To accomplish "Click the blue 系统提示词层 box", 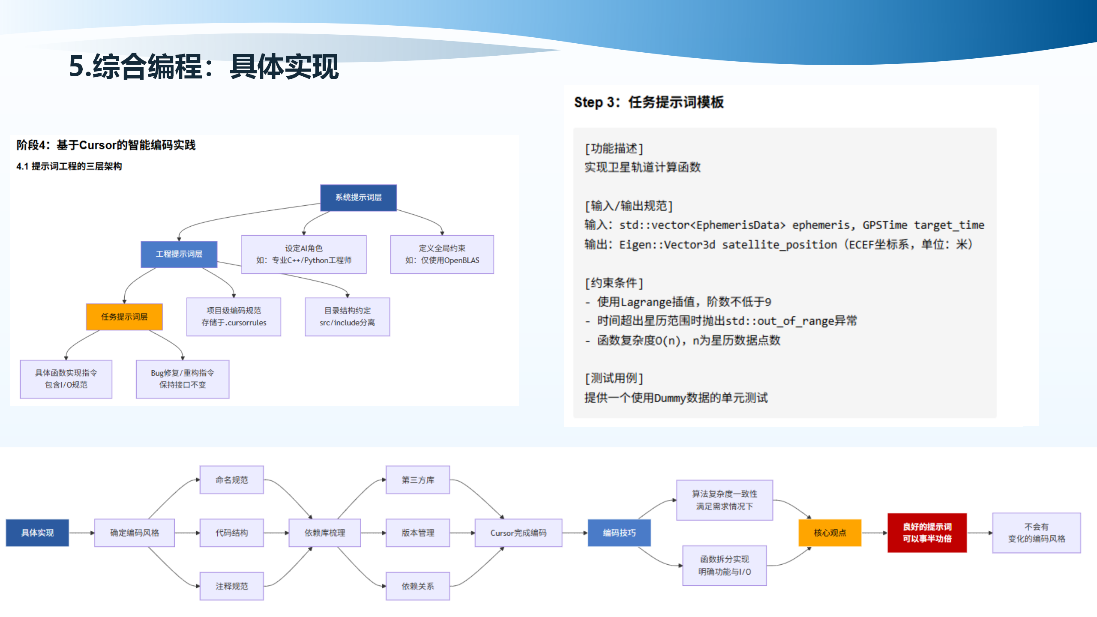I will pos(358,198).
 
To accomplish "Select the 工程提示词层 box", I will pos(179,254).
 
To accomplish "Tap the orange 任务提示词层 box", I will pos(124,317).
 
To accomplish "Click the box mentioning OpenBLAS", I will pos(442,254).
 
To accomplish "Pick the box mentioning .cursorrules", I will pos(234,317).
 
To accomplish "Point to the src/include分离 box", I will pos(347,317).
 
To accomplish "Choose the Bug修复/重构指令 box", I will pos(183,379).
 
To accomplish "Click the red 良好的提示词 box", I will pos(927,533).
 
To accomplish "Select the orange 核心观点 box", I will pos(830,533).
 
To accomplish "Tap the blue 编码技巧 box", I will pos(619,533).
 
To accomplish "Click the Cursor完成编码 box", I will pos(518,533).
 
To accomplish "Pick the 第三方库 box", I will pos(418,480).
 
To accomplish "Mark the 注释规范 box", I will pos(231,586).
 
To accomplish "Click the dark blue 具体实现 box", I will pos(37,533).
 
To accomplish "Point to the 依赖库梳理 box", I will pos(325,533).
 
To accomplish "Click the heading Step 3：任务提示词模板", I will pos(648,102).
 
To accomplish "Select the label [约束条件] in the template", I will pos(614,283).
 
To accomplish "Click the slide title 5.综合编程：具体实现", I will pos(204,67).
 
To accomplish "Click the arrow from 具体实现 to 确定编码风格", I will pos(81,533).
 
